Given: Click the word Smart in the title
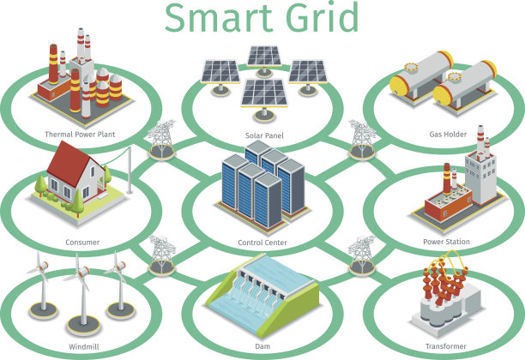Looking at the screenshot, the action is pos(218,18).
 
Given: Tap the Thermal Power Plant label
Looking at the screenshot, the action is pos(80,135).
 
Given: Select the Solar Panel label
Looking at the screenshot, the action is pos(264,135).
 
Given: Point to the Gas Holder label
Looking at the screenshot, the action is pos(448,135).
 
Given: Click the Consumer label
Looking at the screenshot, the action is pos(82,243).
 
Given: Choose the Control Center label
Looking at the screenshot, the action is pos(262,243).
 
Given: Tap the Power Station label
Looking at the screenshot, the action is pos(446,242).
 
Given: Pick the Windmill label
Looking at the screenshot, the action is pos(84,346).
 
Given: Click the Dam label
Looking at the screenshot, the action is pos(262,346).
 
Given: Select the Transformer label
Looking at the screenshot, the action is pos(445,346).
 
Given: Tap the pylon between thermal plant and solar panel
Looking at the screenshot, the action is pos(162,140).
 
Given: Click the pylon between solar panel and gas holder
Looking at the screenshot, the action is pos(362,140).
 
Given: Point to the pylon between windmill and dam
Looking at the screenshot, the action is pos(162,255).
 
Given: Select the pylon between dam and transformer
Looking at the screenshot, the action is pos(362,255).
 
